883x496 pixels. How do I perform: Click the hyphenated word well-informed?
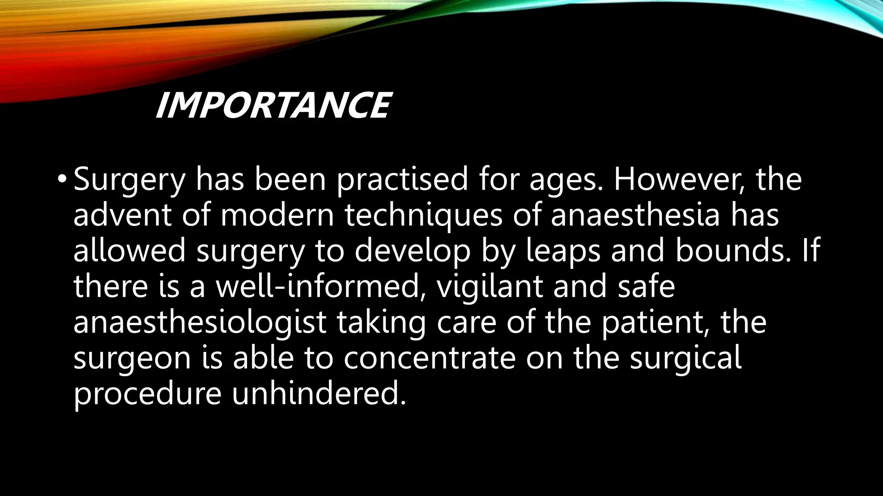pyautogui.click(x=317, y=286)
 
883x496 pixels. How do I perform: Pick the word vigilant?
pyautogui.click(x=490, y=287)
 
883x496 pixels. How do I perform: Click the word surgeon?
pyautogui.click(x=132, y=359)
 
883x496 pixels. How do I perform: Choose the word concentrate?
pyautogui.click(x=429, y=358)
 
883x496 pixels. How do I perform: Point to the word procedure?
pyautogui.click(x=147, y=394)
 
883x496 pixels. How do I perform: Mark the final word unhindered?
pyautogui.click(x=319, y=393)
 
